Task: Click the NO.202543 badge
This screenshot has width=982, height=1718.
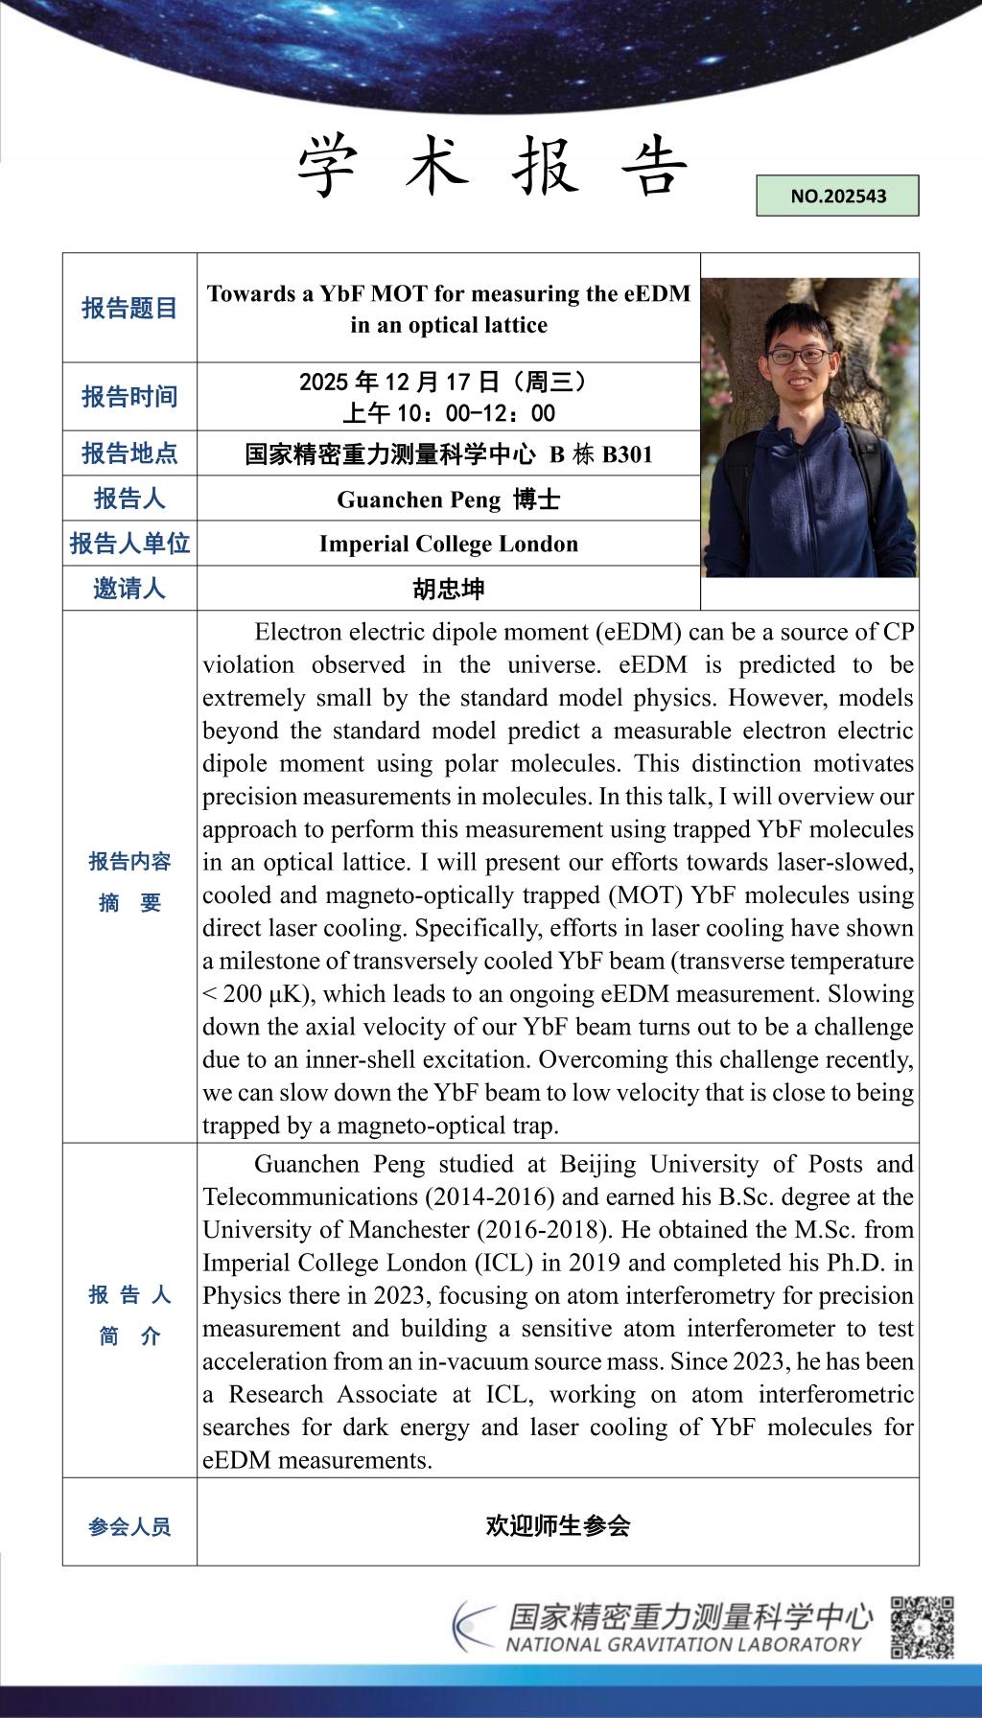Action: [x=837, y=196]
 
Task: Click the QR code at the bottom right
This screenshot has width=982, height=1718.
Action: [x=922, y=1627]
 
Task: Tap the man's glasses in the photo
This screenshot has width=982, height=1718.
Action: [x=799, y=356]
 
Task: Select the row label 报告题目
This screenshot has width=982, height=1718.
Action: [x=129, y=308]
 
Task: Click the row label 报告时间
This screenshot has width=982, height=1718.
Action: [x=129, y=396]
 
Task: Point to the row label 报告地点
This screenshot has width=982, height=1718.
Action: [x=129, y=453]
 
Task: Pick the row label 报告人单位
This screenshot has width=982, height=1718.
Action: [x=129, y=544]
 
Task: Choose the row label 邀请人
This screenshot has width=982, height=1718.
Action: [x=129, y=588]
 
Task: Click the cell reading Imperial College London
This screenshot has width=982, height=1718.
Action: [x=449, y=544]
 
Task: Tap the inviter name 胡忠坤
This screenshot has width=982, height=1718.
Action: [x=449, y=588]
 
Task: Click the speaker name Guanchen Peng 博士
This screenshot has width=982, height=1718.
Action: [x=449, y=499]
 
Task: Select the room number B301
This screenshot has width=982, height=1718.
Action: [x=627, y=453]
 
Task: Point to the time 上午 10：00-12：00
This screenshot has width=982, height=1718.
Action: [x=449, y=413]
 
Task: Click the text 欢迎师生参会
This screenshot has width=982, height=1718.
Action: [x=557, y=1525]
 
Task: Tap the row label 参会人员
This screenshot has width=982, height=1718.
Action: [x=129, y=1526]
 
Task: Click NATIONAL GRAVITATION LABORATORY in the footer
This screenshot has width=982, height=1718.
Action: [x=683, y=1644]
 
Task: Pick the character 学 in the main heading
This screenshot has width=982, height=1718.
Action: [x=329, y=165]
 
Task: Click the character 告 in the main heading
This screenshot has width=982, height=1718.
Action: [x=655, y=165]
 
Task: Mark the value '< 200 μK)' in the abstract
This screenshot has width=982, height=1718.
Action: [x=248, y=994]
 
